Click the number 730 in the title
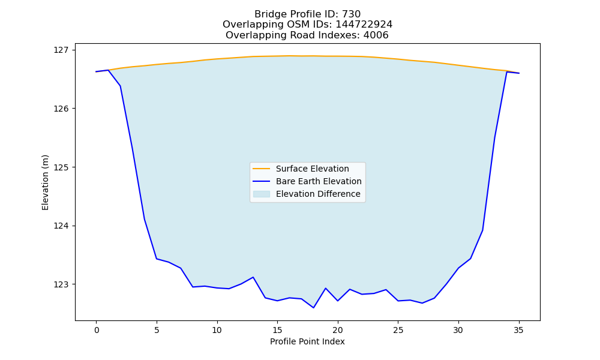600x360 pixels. click(351, 14)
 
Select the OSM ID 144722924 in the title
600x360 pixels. click(364, 25)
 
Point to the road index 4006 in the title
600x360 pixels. click(376, 35)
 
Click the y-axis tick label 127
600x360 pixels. click(61, 50)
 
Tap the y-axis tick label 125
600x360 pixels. click(61, 167)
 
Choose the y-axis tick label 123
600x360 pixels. click(61, 284)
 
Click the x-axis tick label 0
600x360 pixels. click(97, 330)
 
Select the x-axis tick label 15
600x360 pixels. click(277, 330)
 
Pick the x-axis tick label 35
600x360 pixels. click(518, 330)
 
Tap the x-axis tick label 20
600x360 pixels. click(337, 330)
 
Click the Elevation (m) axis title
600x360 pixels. click(45, 182)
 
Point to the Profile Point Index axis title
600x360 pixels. click(307, 341)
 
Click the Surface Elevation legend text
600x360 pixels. click(312, 169)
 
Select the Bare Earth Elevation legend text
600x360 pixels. click(319, 181)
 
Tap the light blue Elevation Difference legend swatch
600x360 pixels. click(262, 194)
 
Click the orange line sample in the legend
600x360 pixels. click(262, 169)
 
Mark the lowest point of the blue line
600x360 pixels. click(313, 308)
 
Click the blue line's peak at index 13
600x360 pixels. click(253, 277)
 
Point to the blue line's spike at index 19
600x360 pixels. click(326, 288)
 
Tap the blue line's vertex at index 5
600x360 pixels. click(157, 259)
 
